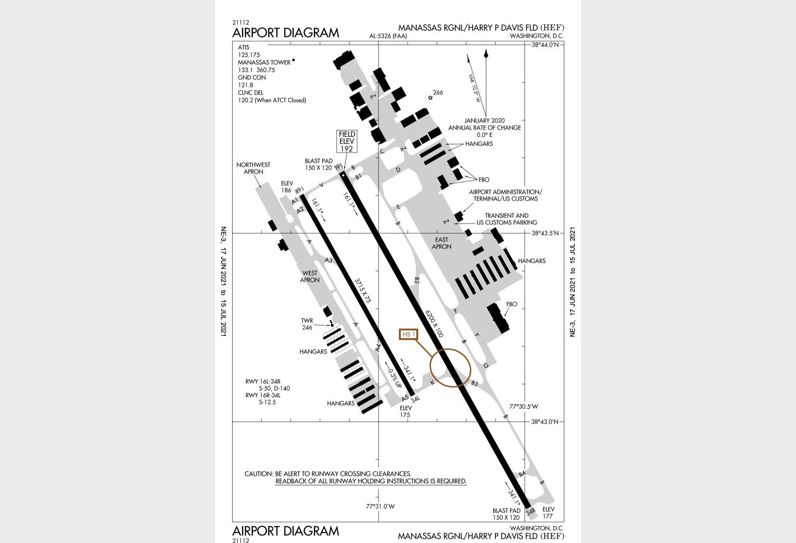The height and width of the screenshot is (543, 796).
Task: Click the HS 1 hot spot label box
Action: pyautogui.click(x=408, y=334)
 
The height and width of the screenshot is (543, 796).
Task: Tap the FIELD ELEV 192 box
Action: pyautogui.click(x=347, y=141)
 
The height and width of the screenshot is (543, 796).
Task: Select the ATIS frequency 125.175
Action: pyautogui.click(x=249, y=55)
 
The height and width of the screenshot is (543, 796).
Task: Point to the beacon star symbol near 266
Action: pyautogui.click(x=430, y=98)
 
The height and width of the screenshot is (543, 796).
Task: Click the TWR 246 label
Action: pyautogui.click(x=307, y=324)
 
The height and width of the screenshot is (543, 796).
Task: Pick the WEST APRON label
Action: pyautogui.click(x=310, y=276)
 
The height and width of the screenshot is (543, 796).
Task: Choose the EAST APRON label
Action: pyautogui.click(x=442, y=243)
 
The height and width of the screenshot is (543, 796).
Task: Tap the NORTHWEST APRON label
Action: pyautogui.click(x=253, y=168)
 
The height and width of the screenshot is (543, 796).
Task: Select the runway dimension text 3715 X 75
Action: pyautogui.click(x=362, y=291)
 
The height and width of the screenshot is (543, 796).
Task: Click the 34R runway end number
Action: pyautogui.click(x=530, y=512)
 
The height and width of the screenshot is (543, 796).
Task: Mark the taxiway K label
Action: pyautogui.click(x=432, y=382)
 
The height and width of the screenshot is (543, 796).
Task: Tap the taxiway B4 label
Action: pyautogui.click(x=522, y=474)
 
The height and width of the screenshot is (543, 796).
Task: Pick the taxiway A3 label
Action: pyautogui.click(x=328, y=260)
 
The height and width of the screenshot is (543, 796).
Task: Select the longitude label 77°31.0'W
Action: pyautogui.click(x=380, y=507)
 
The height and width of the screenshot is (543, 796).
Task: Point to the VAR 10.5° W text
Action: pyautogui.click(x=475, y=88)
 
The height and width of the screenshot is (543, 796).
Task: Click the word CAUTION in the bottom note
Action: pyautogui.click(x=259, y=474)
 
